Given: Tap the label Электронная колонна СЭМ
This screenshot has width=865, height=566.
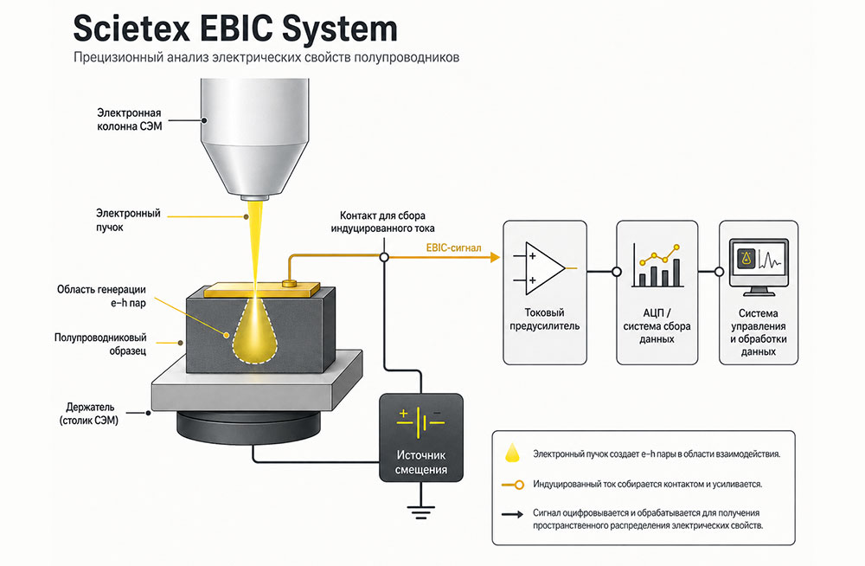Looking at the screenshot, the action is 130,119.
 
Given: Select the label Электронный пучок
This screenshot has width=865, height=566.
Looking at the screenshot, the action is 128,220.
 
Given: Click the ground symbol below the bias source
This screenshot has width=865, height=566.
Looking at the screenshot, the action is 421,511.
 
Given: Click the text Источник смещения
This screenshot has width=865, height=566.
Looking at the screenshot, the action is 421,462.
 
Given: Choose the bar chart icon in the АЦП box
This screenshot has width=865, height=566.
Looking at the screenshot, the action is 657,266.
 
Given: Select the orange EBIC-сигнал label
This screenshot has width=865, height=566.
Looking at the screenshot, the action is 453,248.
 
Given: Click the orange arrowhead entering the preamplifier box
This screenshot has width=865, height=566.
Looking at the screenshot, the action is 495,257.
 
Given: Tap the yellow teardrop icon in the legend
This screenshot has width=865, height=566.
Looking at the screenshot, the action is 512,453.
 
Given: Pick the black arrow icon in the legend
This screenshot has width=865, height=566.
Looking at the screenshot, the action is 512,515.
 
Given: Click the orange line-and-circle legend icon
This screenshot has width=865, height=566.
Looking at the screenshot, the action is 512,485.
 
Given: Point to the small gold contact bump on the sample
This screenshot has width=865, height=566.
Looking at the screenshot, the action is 290,283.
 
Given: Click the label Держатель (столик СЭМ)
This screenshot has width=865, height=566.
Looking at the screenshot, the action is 89,414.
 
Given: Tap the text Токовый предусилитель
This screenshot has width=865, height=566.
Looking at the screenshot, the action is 544,319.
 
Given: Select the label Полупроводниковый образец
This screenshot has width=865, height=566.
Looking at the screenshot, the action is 100,344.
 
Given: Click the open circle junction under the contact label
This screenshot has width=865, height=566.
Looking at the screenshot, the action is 384,257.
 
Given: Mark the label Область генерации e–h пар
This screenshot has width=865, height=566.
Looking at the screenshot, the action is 101,295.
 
